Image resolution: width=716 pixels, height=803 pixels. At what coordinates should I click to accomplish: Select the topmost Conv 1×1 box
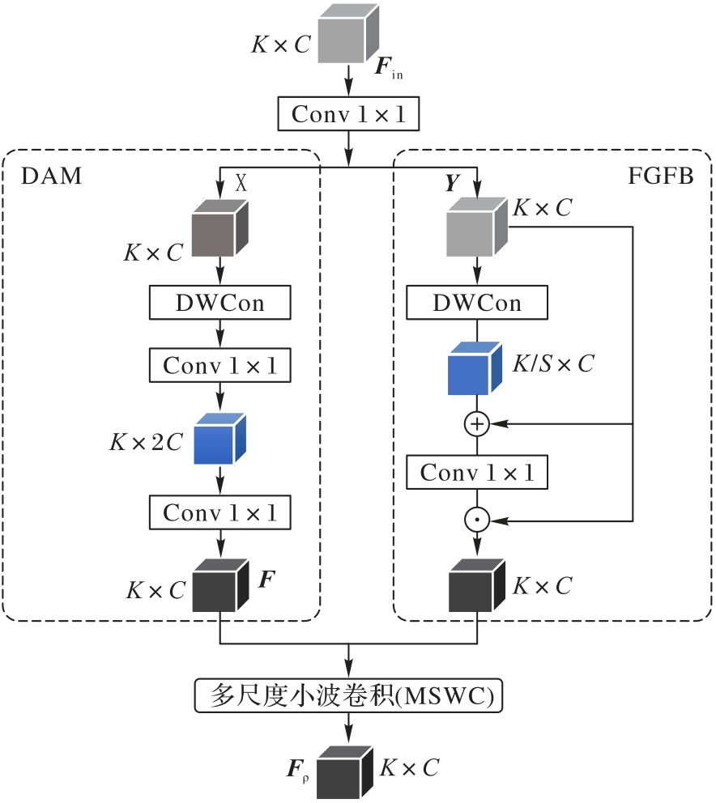pyautogui.click(x=348, y=114)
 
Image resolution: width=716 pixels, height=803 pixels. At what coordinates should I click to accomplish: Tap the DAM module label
pyautogui.click(x=49, y=176)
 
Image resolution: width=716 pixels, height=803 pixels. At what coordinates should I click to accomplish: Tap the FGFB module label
pyautogui.click(x=660, y=176)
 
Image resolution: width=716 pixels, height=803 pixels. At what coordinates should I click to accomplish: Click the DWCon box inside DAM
pyautogui.click(x=219, y=304)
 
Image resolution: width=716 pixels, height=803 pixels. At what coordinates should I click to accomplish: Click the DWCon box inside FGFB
pyautogui.click(x=477, y=304)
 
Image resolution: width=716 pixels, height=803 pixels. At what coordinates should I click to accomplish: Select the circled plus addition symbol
pyautogui.click(x=477, y=423)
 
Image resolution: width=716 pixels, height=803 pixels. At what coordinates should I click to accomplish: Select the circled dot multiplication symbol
pyautogui.click(x=477, y=520)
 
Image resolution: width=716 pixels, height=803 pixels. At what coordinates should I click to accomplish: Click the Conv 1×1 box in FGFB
pyautogui.click(x=477, y=473)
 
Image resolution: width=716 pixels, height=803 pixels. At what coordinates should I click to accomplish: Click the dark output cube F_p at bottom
pyautogui.click(x=345, y=773)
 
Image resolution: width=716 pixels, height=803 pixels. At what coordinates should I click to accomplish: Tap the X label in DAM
pyautogui.click(x=241, y=184)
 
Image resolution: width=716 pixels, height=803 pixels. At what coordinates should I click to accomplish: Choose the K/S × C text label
pyautogui.click(x=553, y=364)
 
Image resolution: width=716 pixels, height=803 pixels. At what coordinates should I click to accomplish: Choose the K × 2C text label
pyautogui.click(x=146, y=442)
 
